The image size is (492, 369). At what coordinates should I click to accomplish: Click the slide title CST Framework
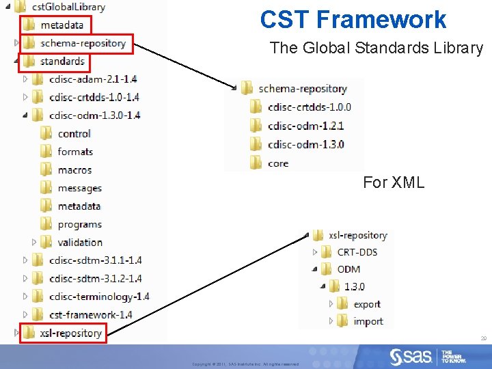[x=353, y=19]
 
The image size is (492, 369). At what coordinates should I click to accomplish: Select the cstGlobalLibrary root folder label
[x=68, y=7]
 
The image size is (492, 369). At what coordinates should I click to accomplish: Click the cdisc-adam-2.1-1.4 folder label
[x=93, y=79]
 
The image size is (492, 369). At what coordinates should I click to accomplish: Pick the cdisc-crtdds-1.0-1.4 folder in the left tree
[x=94, y=97]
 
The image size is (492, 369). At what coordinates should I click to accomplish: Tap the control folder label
[x=74, y=133]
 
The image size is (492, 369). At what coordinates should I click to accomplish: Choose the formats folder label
[x=75, y=152]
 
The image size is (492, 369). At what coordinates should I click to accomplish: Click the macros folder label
[x=74, y=169]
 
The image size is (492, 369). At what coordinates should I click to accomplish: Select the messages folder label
[x=79, y=188]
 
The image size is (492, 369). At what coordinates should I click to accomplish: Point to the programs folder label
[x=79, y=224]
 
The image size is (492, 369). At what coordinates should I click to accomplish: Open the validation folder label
[x=80, y=242]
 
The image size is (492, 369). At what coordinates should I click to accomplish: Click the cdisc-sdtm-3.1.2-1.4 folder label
[x=96, y=278]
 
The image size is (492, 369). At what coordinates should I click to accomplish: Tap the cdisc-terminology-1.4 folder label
[x=99, y=297]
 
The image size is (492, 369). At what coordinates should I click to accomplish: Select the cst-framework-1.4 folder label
[x=91, y=315]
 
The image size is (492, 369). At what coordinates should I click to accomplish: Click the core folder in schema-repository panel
[x=278, y=163]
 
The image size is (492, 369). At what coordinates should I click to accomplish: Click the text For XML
[x=393, y=182]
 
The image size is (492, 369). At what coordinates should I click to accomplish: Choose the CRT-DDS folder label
[x=357, y=252]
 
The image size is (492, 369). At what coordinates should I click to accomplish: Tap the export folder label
[x=367, y=304]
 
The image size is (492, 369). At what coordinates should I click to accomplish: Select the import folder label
[x=368, y=321]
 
